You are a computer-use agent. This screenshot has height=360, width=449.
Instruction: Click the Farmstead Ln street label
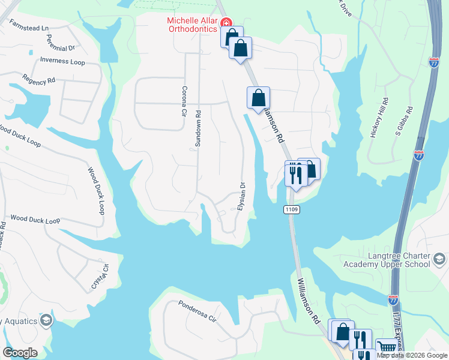click(x=28, y=28)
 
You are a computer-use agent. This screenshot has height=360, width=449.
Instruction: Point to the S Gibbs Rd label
click(x=403, y=122)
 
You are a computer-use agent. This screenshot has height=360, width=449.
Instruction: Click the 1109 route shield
click(x=291, y=210)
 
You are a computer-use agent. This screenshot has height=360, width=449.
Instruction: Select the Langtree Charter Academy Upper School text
click(x=387, y=260)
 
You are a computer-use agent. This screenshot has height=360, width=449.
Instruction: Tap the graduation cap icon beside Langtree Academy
click(x=439, y=259)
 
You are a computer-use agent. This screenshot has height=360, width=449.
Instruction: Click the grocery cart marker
click(x=387, y=347)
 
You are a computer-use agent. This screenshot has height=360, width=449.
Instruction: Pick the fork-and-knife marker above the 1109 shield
click(x=295, y=175)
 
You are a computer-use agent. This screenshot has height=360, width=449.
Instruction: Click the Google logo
click(x=20, y=352)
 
